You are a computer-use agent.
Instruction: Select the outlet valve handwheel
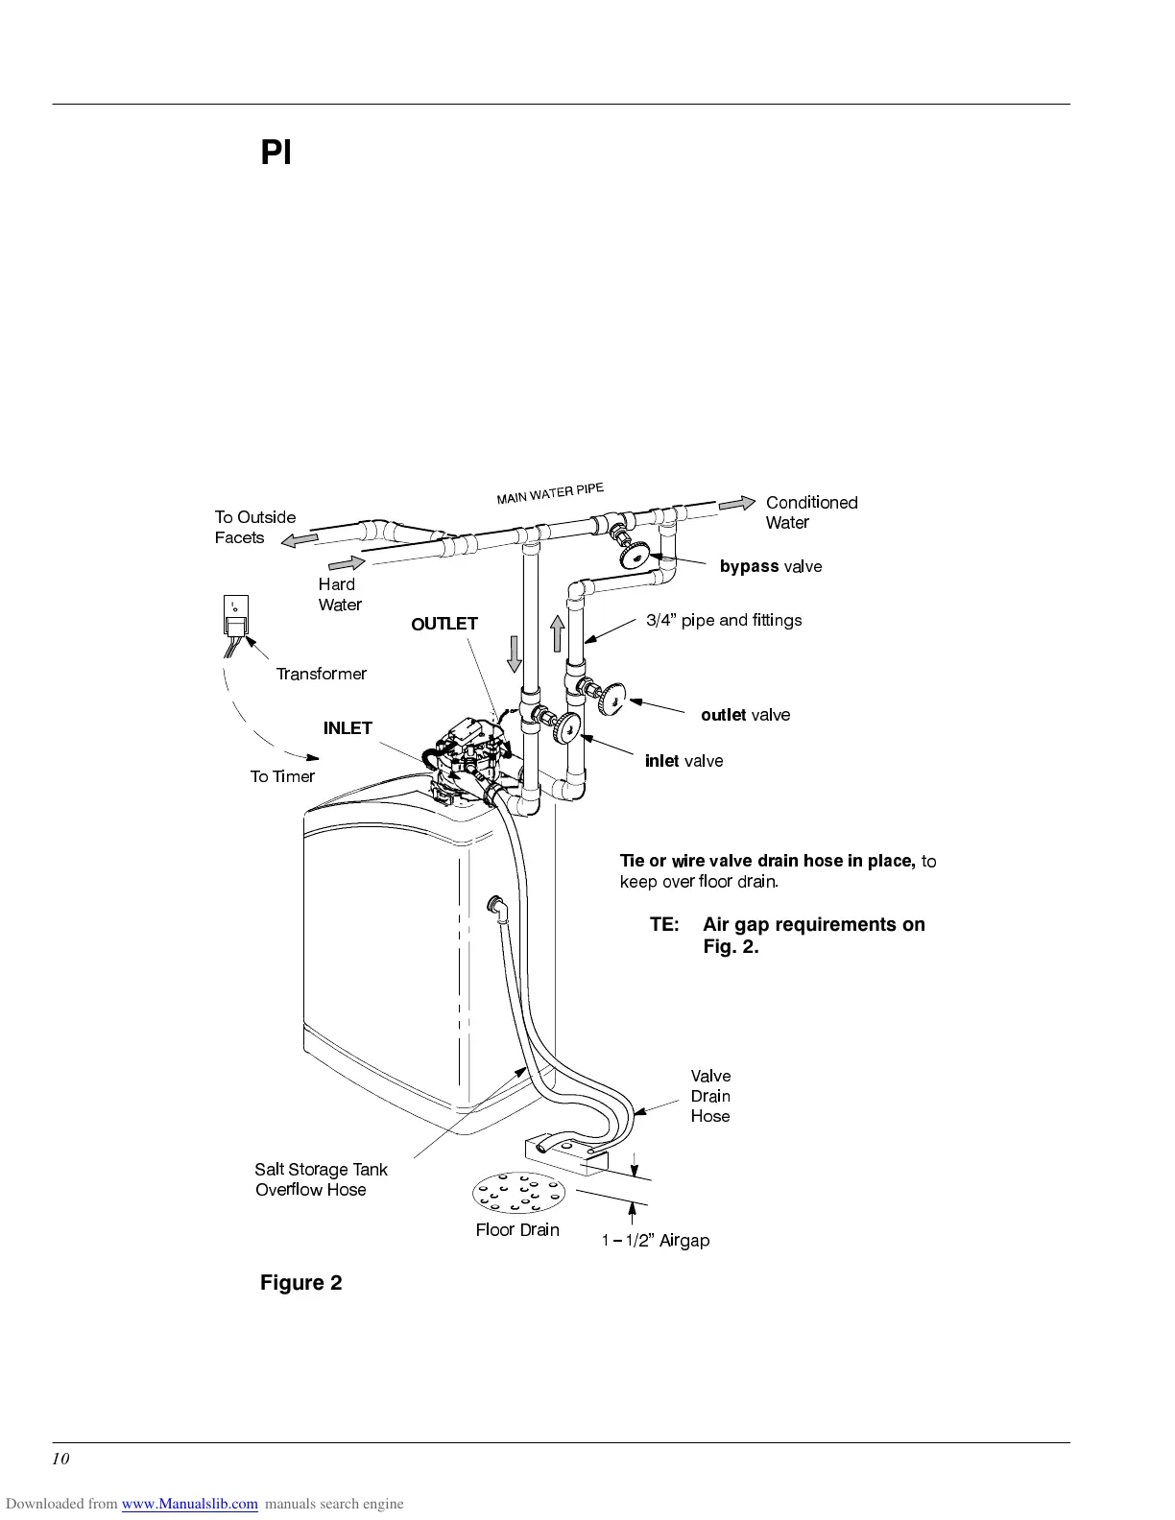(611, 698)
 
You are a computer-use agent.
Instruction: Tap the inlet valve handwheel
(568, 726)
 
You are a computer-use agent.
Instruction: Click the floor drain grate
(518, 1194)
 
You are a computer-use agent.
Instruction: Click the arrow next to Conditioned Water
(737, 504)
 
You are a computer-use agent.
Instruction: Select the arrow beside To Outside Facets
(300, 540)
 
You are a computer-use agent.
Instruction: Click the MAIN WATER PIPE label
(550, 493)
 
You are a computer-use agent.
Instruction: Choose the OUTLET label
(444, 624)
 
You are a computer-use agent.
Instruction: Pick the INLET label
(348, 728)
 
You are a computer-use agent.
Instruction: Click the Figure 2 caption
(300, 1283)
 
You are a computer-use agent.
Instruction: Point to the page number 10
(60, 1460)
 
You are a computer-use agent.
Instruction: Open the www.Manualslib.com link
(189, 1504)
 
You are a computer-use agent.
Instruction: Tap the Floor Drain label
(517, 1230)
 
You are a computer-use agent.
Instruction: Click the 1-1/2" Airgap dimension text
(656, 1241)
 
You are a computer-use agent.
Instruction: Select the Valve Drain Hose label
(710, 1096)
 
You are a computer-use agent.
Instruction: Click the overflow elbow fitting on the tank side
(496, 905)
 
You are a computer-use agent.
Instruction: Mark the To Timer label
(282, 776)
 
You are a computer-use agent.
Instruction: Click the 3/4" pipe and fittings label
(724, 620)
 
